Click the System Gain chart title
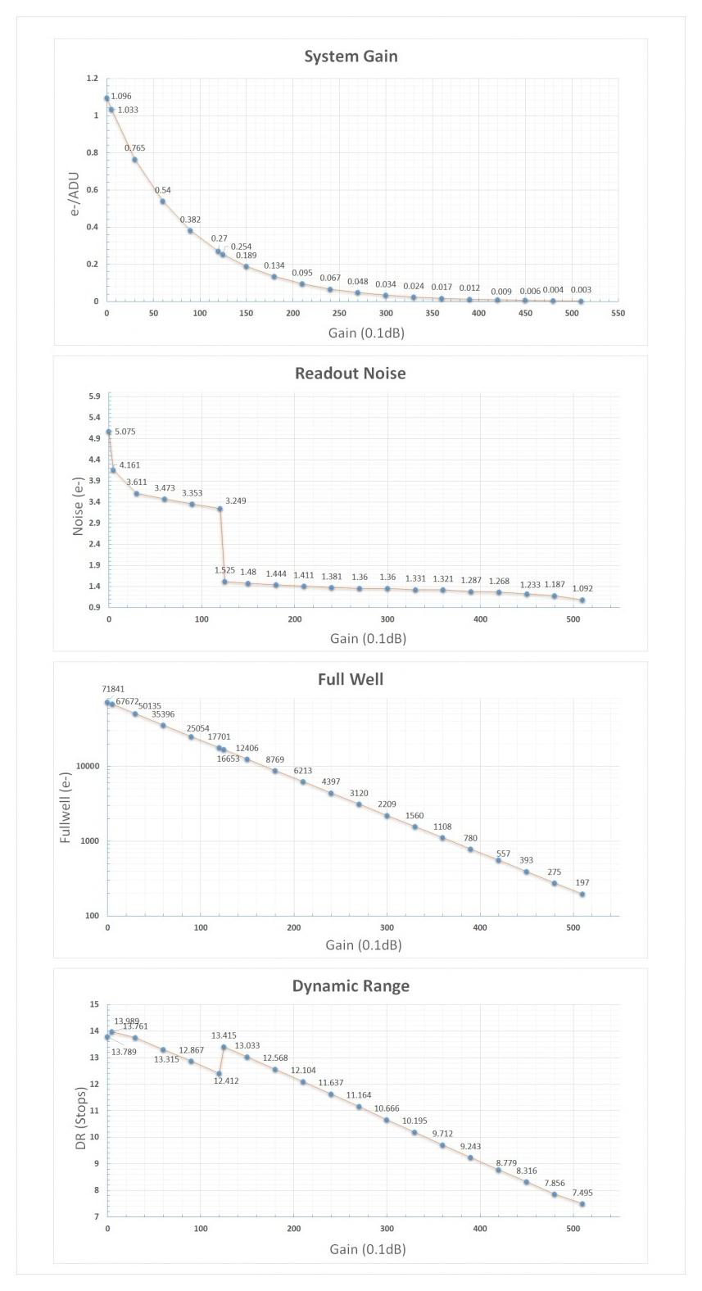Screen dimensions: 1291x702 pos(351,57)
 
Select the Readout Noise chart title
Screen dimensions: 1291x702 pos(351,374)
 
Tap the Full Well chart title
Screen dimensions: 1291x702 pos(351,679)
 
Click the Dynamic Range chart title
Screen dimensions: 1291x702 pos(351,986)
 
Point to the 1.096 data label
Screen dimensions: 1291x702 pos(120,97)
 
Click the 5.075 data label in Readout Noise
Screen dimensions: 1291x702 pos(125,432)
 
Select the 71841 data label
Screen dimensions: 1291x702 pos(113,690)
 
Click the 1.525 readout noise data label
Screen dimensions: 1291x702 pos(224,569)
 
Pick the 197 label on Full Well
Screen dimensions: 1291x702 pos(582,883)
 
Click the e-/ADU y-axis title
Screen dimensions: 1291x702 pos(74,194)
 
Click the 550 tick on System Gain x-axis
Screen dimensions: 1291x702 pos(618,313)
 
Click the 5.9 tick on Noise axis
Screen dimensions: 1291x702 pos(93,396)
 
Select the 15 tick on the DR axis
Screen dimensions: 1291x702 pos(94,1005)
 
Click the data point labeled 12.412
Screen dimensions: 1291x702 pos(219,1073)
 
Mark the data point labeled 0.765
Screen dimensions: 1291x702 pos(135,160)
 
